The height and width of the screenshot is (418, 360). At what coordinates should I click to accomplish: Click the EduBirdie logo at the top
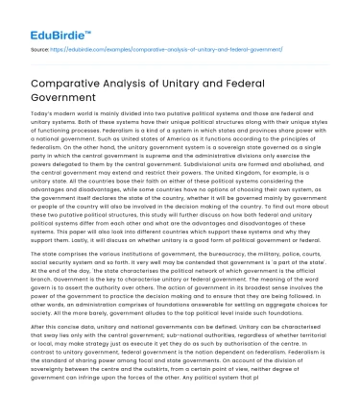[x=44, y=21]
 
